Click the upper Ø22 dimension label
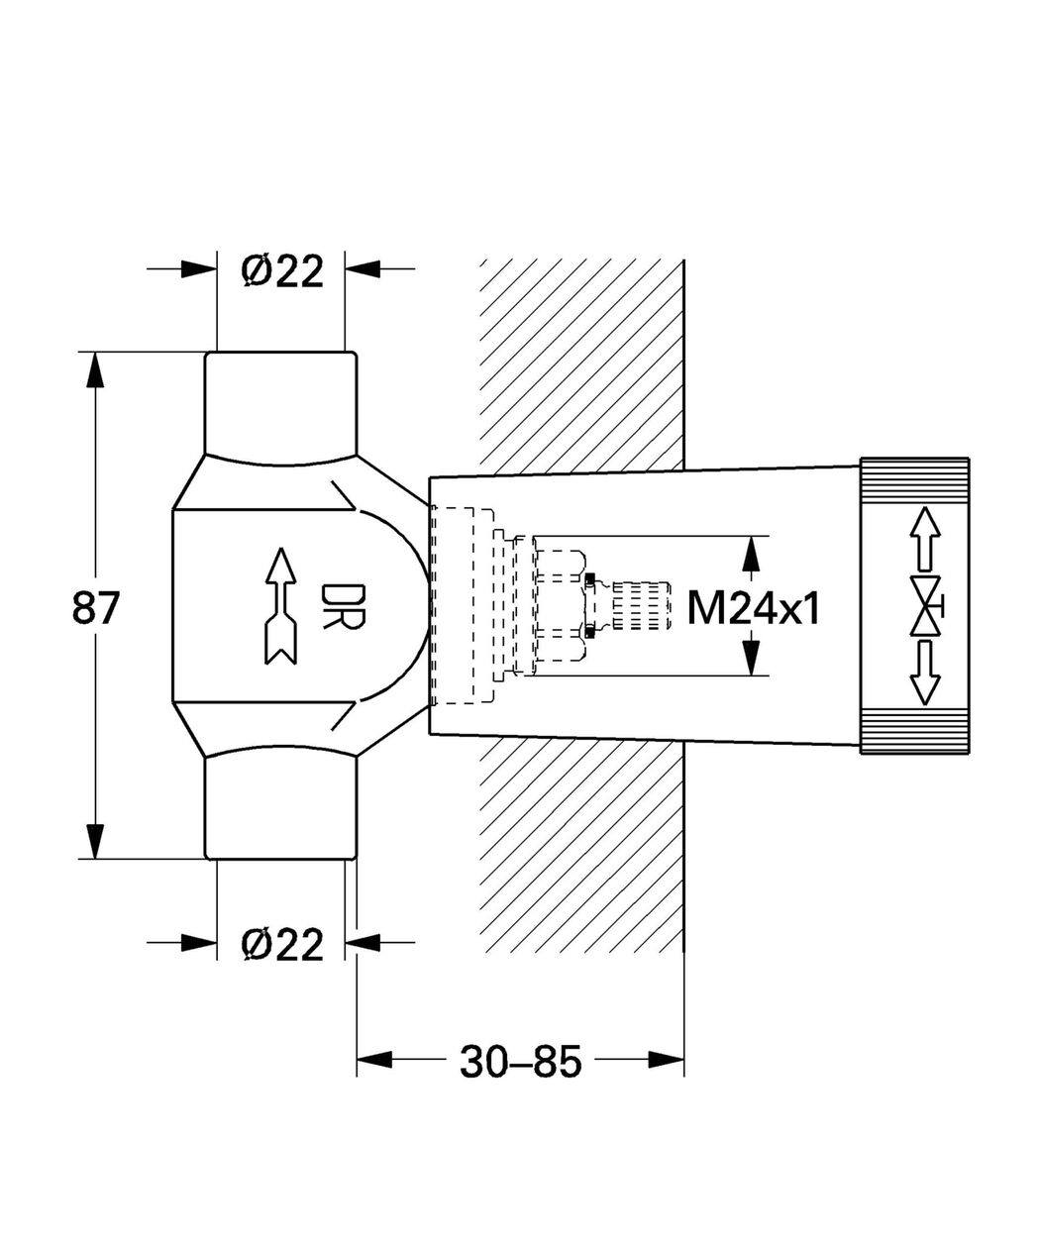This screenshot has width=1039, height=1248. (282, 270)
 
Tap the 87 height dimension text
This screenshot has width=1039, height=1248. (96, 608)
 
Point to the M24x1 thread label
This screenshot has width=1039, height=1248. (754, 608)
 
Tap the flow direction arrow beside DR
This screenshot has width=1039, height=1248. (281, 605)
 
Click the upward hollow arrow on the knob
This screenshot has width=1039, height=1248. (925, 539)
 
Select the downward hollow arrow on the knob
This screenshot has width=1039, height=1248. (925, 673)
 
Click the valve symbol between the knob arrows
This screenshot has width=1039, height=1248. (926, 605)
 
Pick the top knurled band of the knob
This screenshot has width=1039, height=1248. (914, 480)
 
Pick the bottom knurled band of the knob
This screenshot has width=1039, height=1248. (914, 731)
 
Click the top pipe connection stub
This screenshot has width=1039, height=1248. (281, 405)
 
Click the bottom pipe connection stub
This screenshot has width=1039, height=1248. (281, 807)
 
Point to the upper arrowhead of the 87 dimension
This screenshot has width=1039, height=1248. (95, 370)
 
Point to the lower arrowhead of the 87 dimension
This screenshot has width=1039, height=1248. (95, 841)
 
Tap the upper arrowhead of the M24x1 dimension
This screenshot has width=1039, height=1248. (752, 554)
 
